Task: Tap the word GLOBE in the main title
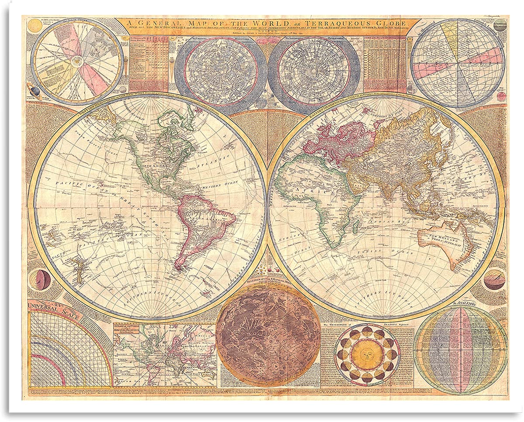tap(392, 22)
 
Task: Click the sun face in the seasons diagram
tap(367, 354)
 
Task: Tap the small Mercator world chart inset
tap(165, 354)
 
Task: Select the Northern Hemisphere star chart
tap(220, 72)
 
